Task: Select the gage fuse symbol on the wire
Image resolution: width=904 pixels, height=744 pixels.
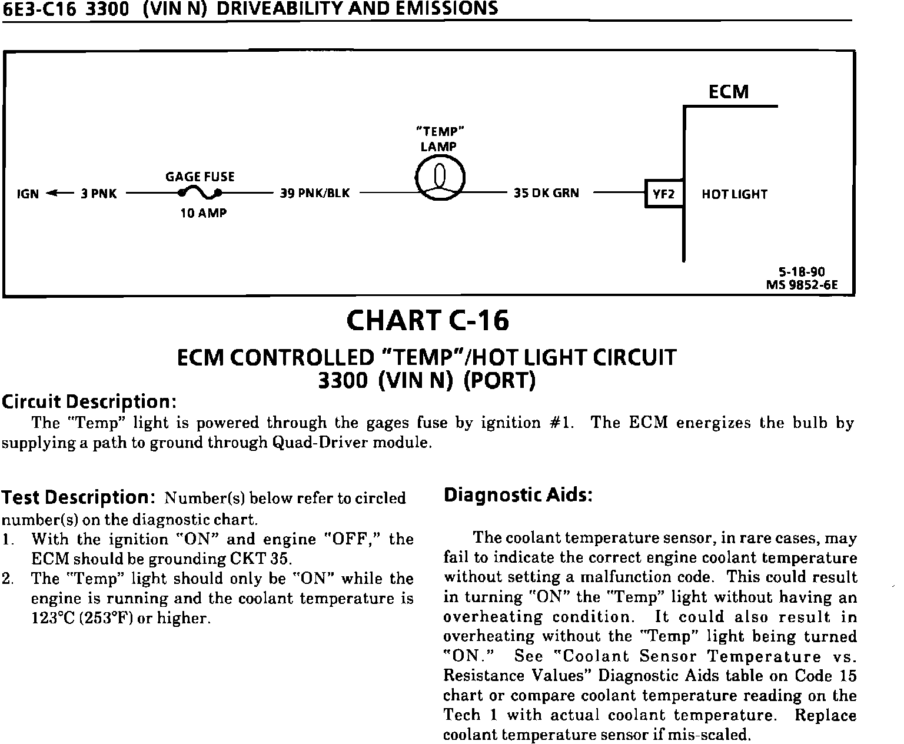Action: tap(201, 192)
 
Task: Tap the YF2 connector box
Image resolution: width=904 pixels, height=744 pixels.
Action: tap(664, 194)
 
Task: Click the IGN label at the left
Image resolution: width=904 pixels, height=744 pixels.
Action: tap(28, 194)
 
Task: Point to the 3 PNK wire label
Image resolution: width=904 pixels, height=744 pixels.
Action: tap(98, 193)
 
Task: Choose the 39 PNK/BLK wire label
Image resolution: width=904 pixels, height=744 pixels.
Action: tap(314, 193)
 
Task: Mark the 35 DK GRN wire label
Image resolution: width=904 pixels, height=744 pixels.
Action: tap(546, 193)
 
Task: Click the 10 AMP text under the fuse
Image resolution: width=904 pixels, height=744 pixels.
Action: tap(203, 213)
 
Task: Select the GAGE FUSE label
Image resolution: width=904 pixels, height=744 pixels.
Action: tap(200, 177)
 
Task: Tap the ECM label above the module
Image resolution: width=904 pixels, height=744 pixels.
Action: tap(728, 92)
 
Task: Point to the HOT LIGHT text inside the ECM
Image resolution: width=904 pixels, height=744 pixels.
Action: tap(734, 194)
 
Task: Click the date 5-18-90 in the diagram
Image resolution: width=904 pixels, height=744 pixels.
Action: tap(802, 272)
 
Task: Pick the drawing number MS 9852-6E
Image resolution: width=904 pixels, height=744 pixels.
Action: tap(802, 285)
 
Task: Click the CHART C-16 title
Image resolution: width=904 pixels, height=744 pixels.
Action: tap(427, 321)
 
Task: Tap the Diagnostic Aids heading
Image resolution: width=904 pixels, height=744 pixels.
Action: tap(517, 495)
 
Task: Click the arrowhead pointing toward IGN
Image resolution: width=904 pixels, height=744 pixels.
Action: tap(51, 193)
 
